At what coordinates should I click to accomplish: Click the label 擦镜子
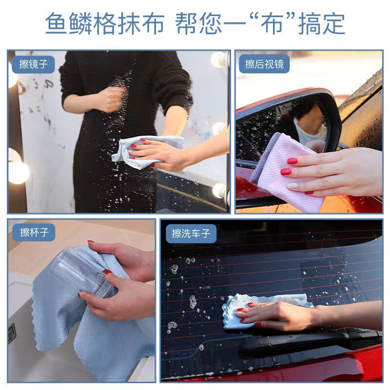(34, 64)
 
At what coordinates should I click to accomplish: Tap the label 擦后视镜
(264, 64)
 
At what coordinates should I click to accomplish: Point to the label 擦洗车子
(191, 234)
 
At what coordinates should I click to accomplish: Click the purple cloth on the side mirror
(275, 171)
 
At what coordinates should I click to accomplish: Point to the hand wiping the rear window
(278, 314)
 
